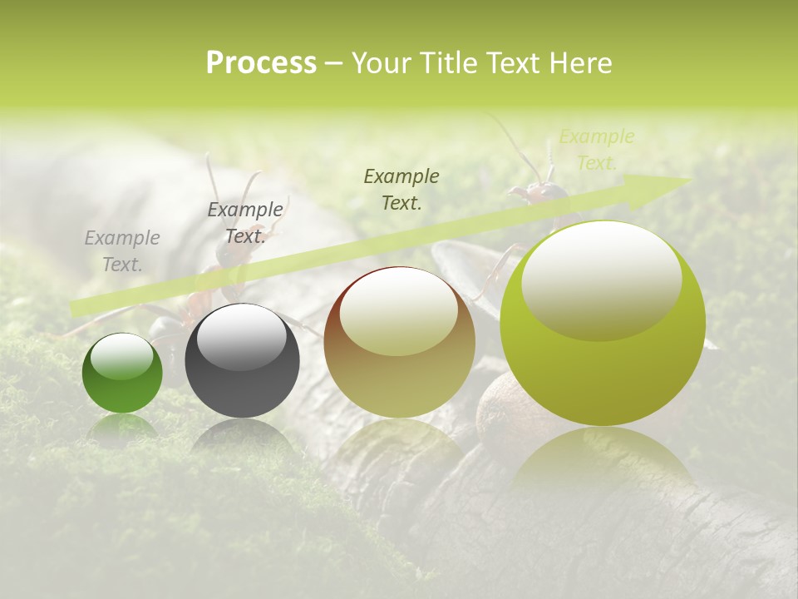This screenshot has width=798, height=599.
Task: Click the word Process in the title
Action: tap(261, 63)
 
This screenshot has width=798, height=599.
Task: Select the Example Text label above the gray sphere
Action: tap(245, 223)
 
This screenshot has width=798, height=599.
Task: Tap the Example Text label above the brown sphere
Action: tap(401, 189)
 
